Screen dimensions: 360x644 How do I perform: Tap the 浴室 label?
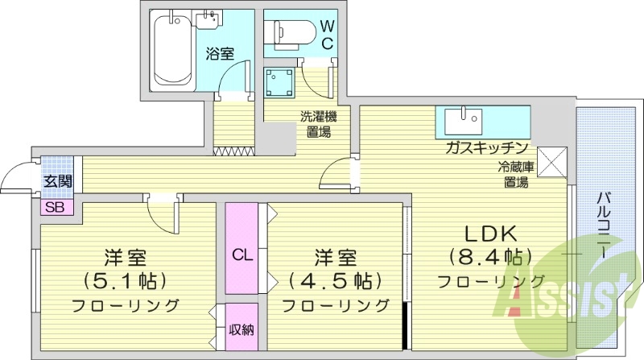(220, 55)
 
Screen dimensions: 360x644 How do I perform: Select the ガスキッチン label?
(488, 148)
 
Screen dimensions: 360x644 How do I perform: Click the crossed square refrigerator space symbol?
(553, 161)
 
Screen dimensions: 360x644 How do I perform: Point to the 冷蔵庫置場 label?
(516, 175)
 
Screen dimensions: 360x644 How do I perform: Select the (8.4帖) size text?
(491, 258)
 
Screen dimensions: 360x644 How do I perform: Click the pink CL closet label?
(242, 255)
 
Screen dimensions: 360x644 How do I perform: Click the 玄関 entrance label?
(56, 182)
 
